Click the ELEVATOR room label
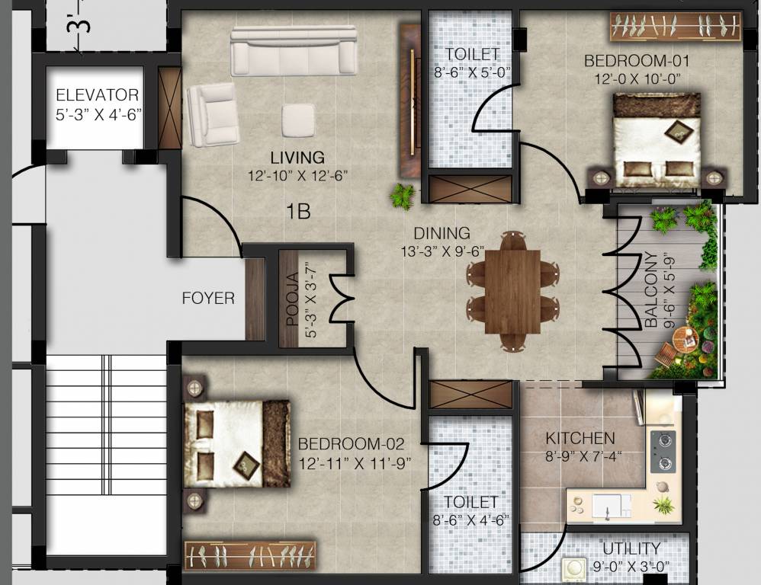coord(97,96)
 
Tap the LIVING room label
coord(297,158)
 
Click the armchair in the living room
coord(213,114)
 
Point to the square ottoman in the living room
coord(298,120)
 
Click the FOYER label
coord(208,299)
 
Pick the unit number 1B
coord(298,212)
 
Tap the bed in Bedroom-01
coord(657,140)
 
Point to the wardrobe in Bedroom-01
coord(676,27)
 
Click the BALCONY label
coord(651,290)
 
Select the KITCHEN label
coord(580,439)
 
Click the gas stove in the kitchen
coord(662,452)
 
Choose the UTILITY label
coord(631,548)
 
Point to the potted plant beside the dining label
coord(402,197)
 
